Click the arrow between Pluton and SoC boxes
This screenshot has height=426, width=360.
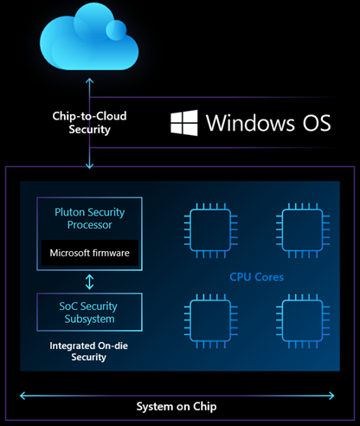pos(90,281)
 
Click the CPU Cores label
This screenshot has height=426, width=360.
pos(258,277)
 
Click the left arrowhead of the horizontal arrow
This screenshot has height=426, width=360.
pos(24,394)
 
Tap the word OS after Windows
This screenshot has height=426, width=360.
pos(312,122)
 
